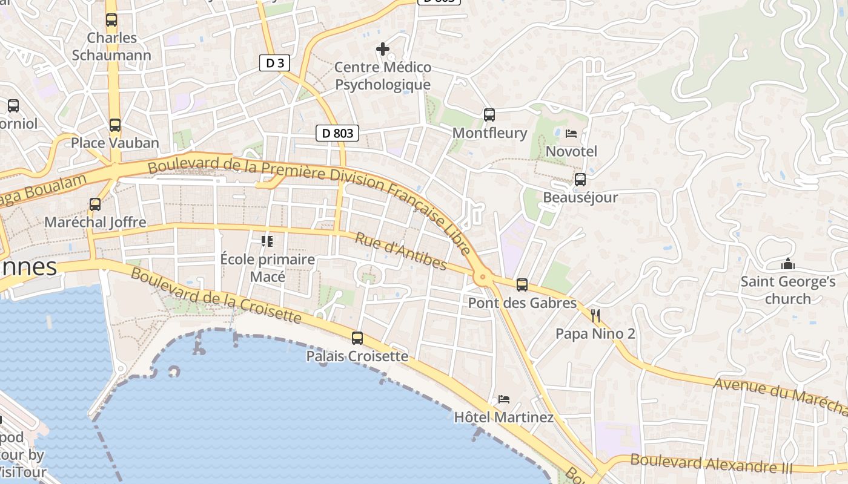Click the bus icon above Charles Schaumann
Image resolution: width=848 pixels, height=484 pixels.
pyautogui.click(x=111, y=20)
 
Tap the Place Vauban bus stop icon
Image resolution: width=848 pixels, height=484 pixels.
pyautogui.click(x=115, y=125)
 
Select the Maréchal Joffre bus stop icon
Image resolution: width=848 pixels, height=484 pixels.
pyautogui.click(x=95, y=204)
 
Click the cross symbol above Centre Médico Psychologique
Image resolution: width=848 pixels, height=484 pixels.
pyautogui.click(x=383, y=49)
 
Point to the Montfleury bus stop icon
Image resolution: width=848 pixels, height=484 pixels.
pyautogui.click(x=489, y=114)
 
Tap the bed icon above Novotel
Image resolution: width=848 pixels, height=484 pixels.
pyautogui.click(x=571, y=133)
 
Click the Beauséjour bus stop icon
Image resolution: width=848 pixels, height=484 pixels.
pyautogui.click(x=580, y=180)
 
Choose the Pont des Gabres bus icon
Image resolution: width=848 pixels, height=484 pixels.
pyautogui.click(x=522, y=285)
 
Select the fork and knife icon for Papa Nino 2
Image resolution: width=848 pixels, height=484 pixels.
pyautogui.click(x=595, y=315)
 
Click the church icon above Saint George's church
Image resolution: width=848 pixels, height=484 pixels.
pyautogui.click(x=788, y=264)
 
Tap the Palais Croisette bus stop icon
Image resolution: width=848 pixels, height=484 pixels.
pyautogui.click(x=357, y=338)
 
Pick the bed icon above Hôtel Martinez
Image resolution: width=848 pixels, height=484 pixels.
pyautogui.click(x=503, y=399)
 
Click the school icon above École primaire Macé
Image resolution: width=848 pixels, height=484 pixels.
pyautogui.click(x=267, y=241)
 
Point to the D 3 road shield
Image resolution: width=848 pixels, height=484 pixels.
pyautogui.click(x=274, y=63)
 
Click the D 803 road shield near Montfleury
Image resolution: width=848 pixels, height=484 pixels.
pyautogui.click(x=337, y=133)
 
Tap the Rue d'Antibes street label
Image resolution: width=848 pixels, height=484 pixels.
pyautogui.click(x=400, y=251)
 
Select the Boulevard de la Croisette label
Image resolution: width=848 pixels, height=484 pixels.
pyautogui.click(x=216, y=295)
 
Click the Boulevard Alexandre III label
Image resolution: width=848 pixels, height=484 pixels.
pyautogui.click(x=711, y=464)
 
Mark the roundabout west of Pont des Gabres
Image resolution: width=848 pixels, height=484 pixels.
pyautogui.click(x=483, y=278)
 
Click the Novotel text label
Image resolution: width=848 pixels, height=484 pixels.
pyautogui.click(x=571, y=151)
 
